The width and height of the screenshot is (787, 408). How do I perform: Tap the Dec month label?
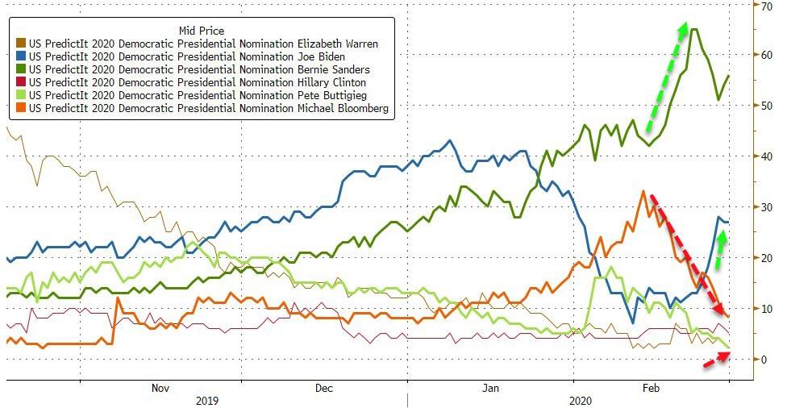pyautogui.click(x=324, y=387)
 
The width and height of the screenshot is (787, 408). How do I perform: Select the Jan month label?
pyautogui.click(x=489, y=387)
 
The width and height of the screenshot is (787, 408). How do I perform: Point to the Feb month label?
pyautogui.click(x=649, y=387)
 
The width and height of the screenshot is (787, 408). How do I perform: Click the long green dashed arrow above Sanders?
pyautogui.click(x=666, y=76)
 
